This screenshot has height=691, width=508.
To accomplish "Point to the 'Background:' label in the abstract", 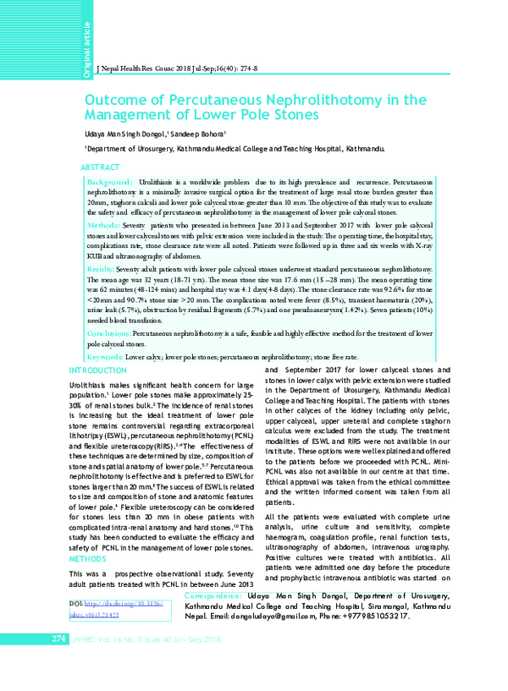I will click(109, 183).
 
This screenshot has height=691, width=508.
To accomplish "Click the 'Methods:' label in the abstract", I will click(103, 228).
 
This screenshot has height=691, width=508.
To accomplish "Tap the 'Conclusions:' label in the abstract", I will click(109, 334).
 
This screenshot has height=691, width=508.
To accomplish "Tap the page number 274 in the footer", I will click(58, 661).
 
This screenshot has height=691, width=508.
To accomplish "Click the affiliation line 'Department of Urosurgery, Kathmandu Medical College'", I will click(199, 148).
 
